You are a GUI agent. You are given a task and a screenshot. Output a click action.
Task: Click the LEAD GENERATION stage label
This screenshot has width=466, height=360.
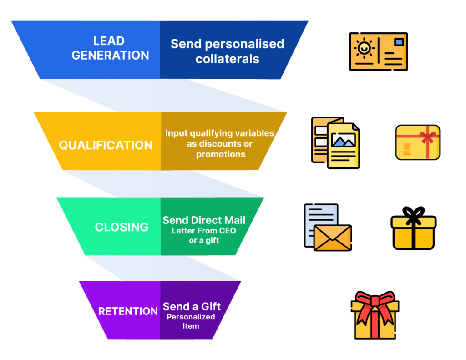tap(110, 48)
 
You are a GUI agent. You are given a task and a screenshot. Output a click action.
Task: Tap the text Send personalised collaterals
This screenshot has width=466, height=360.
tap(227, 51)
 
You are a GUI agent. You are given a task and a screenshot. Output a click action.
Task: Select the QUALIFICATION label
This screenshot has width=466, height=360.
tap(106, 145)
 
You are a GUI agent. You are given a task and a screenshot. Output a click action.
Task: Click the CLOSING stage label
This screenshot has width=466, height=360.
tap(122, 227)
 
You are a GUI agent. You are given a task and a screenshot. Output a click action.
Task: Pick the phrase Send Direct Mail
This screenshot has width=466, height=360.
tap(204, 220)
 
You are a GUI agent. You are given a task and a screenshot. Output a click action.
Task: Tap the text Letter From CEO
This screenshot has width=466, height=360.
tap(204, 231)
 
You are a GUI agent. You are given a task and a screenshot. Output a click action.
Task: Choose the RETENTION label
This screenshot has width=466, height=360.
tap(128, 311)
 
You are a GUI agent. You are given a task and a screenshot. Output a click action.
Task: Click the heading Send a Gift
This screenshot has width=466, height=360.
tap(192, 306)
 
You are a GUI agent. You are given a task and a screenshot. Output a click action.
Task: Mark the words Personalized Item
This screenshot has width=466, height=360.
tap(191, 321)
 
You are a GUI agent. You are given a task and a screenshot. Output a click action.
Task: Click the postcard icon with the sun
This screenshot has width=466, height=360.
tap(378, 51)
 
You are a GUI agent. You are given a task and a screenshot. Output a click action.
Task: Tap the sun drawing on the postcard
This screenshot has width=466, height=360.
tap(365, 48)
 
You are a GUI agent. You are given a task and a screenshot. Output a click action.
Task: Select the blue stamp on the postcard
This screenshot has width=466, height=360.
tap(399, 42)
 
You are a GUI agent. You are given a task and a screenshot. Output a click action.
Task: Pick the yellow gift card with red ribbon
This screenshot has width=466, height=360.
tap(418, 142)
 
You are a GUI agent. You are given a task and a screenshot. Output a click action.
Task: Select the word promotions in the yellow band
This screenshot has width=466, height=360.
tap(221, 154)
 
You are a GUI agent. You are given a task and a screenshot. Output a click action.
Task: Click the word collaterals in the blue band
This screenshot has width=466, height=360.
tap(227, 59)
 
